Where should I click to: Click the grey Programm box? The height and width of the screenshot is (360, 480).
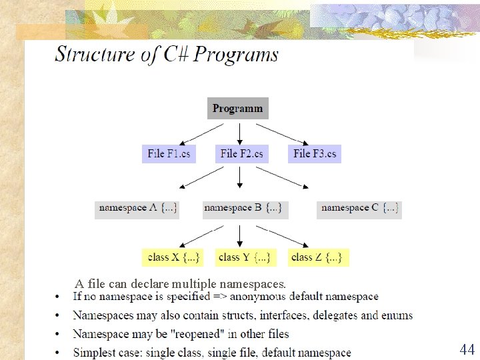pyautogui.click(x=238, y=108)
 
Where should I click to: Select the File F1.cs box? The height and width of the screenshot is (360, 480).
pyautogui.click(x=169, y=154)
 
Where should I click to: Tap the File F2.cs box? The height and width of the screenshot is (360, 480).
pyautogui.click(x=241, y=154)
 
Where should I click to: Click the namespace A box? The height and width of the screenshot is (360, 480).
pyautogui.click(x=138, y=208)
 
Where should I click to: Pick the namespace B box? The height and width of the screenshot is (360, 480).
pyautogui.click(x=243, y=208)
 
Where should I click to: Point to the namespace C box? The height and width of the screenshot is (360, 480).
pyautogui.click(x=359, y=208)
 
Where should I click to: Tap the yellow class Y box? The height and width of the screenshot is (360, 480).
pyautogui.click(x=244, y=257)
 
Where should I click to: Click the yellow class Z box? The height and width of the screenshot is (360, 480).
pyautogui.click(x=317, y=257)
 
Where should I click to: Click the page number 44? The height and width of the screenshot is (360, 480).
pyautogui.click(x=467, y=349)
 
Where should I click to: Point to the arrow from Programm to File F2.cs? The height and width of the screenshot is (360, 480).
pyautogui.click(x=239, y=132)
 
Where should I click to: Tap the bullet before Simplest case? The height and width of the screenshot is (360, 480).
pyautogui.click(x=59, y=353)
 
